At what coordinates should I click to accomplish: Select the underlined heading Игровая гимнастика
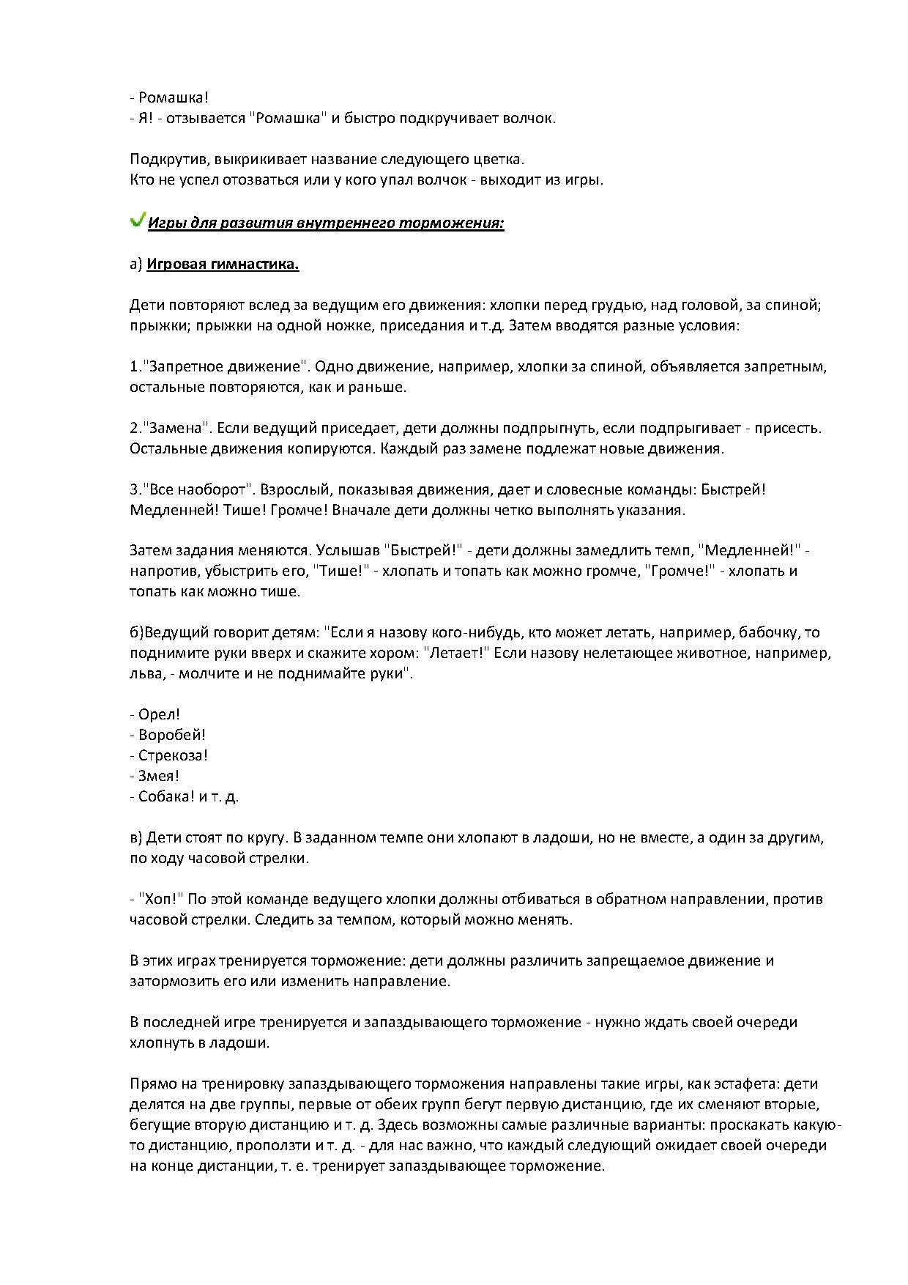(x=223, y=264)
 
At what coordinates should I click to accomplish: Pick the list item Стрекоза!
(x=174, y=755)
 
